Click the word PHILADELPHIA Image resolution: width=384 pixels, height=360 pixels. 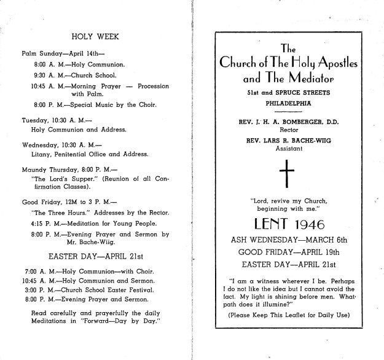(286, 103)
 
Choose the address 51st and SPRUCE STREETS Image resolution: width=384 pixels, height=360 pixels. (287, 92)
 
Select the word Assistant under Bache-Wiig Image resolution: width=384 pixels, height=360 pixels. (286, 149)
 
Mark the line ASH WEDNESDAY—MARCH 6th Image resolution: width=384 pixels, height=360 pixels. (287, 240)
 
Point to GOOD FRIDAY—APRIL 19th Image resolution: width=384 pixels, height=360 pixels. (287, 252)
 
